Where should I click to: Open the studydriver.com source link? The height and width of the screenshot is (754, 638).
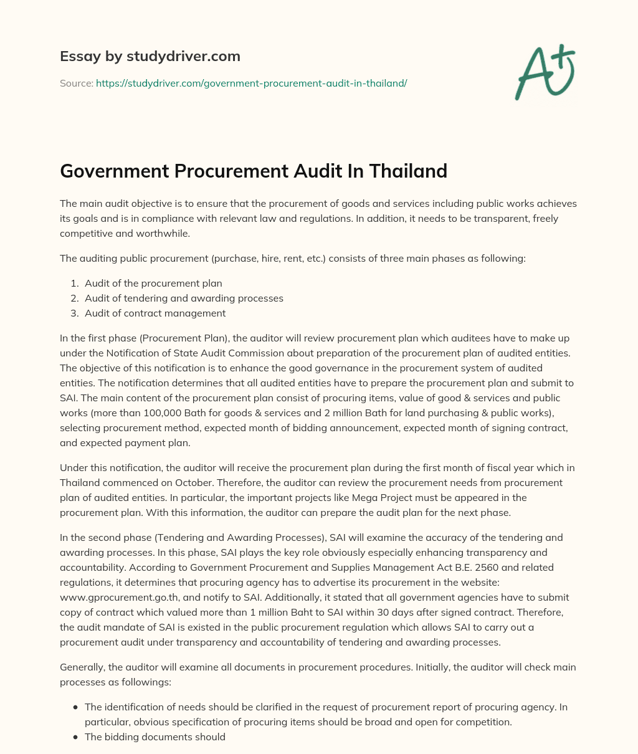coord(251,82)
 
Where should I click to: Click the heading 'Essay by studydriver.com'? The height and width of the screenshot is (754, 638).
coord(150,56)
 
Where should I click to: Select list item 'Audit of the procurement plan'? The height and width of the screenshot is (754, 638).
coord(153,283)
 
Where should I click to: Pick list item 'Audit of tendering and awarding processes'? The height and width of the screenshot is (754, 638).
coord(184,298)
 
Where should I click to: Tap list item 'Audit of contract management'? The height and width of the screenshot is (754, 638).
coord(155,313)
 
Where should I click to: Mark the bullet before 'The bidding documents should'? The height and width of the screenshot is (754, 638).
coord(75,737)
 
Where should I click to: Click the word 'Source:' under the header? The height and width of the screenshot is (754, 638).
coord(77,82)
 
